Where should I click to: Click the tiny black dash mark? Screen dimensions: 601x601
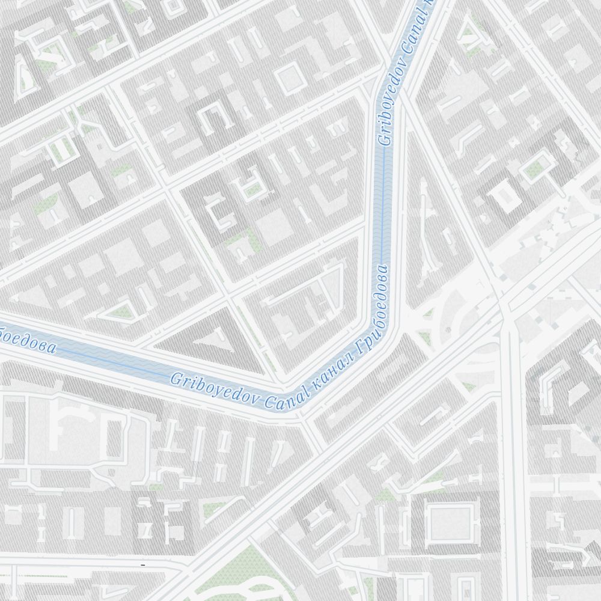click(142, 566)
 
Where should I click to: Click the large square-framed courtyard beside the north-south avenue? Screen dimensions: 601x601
click(450, 520)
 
